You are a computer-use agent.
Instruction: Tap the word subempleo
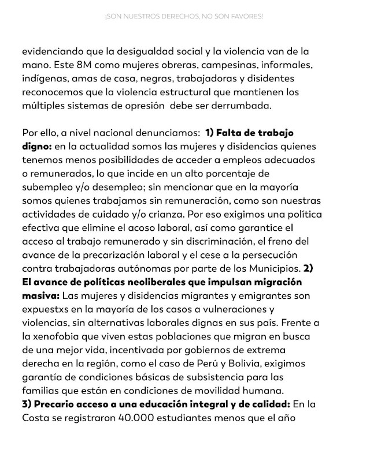[47, 189]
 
